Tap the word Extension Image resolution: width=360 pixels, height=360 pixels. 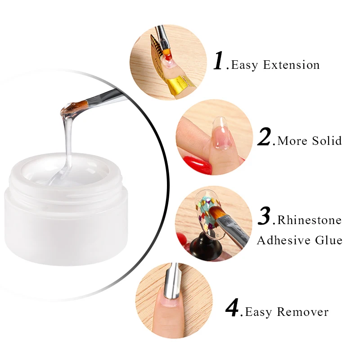pos(291,65)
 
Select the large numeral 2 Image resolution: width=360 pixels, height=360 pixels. pos(265,136)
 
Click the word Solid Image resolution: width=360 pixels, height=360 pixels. pos(327,140)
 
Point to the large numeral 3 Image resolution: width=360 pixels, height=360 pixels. pos(265,216)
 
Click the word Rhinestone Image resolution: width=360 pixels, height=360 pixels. pos(310,220)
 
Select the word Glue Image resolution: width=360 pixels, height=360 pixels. pos(328,240)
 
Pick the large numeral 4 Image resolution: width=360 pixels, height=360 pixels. pos(233,308)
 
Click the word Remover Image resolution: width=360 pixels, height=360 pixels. pos(303,312)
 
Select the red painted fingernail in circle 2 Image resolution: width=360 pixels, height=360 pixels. pos(198,164)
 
